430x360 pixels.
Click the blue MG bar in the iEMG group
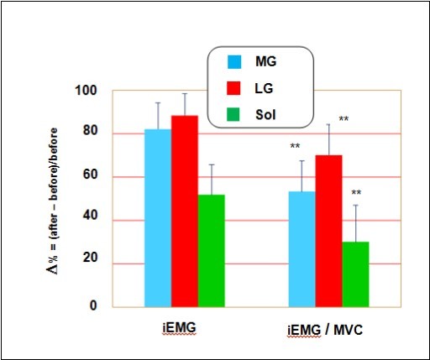click(x=158, y=218)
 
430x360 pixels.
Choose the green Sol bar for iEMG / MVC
click(x=355, y=274)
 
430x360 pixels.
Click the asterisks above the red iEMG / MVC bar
click(x=343, y=119)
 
